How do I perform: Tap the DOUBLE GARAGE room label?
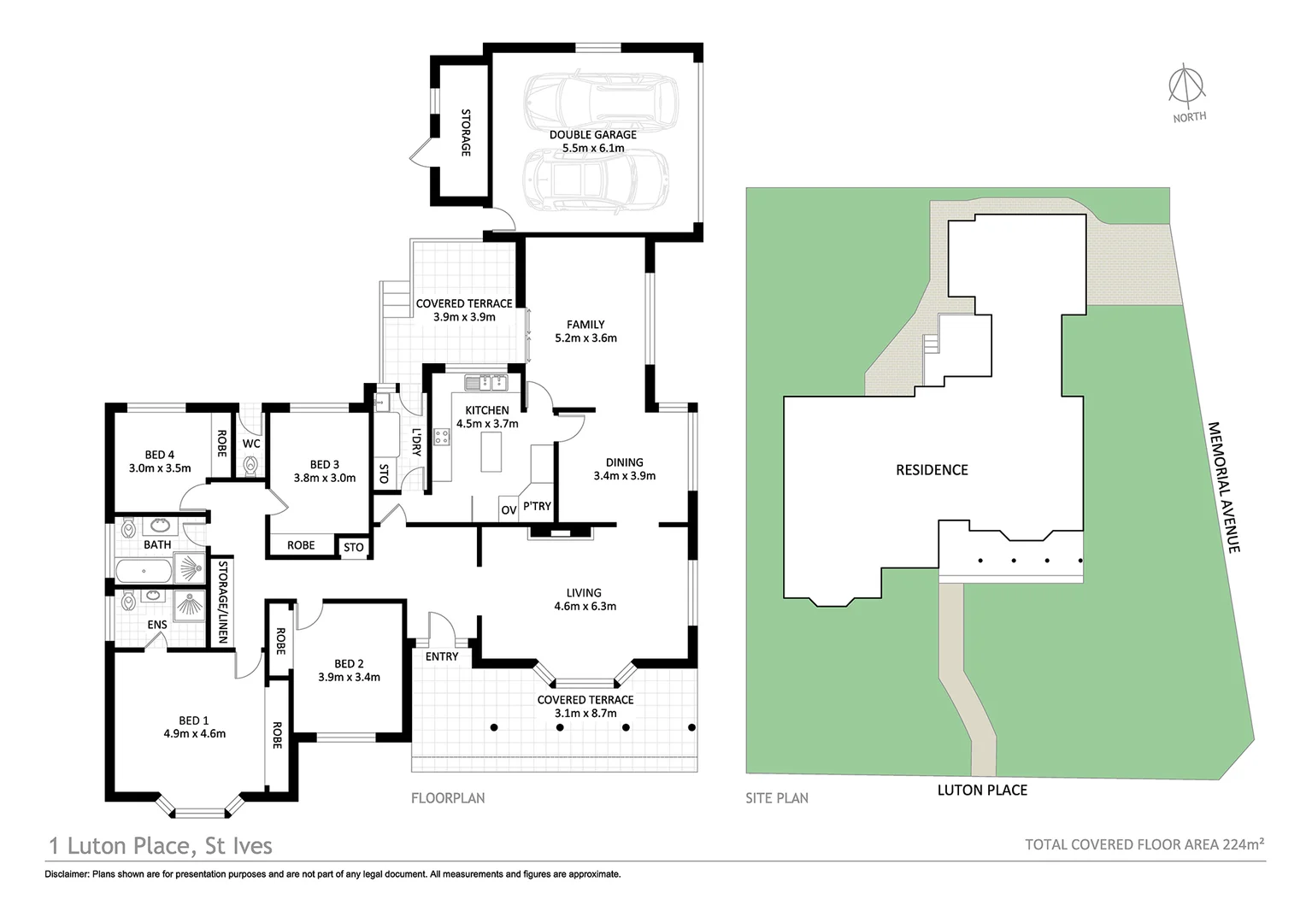coord(592,135)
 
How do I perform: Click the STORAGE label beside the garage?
coord(466,132)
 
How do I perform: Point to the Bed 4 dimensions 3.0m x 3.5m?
coord(160,468)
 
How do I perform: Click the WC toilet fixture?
coord(250,465)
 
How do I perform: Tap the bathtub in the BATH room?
coord(143,569)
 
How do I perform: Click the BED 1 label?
coord(194,720)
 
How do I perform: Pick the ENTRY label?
coord(442,656)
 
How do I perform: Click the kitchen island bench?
coord(491,452)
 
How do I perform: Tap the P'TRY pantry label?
coord(538,506)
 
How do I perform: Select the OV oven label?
coord(509,510)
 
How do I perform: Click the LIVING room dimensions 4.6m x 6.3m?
coord(585,607)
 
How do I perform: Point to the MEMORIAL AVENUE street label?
coord(1224,487)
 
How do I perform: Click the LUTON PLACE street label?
coord(982,790)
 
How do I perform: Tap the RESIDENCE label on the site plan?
coord(932,470)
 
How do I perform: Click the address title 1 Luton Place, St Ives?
coord(161,846)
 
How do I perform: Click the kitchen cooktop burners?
coord(443,437)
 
